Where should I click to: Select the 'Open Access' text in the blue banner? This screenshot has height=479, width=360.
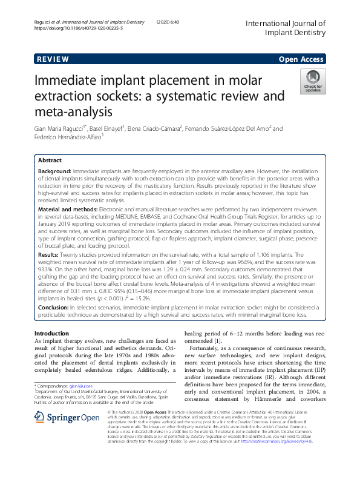click(303, 59)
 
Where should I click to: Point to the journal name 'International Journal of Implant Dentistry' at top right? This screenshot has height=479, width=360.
click(285, 28)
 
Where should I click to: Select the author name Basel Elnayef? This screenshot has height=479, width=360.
click(106, 128)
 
